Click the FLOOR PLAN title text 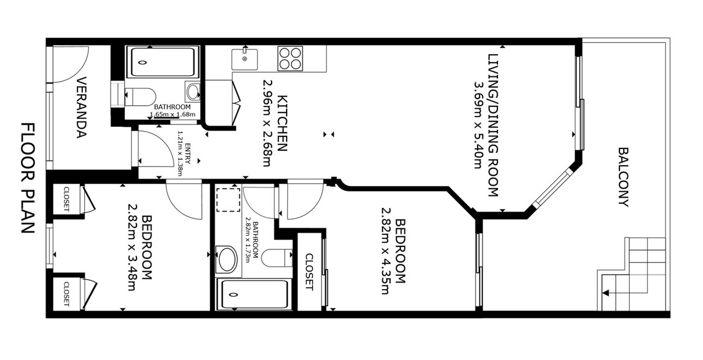(x=28, y=178)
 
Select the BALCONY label (x=623, y=177)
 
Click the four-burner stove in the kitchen (x=290, y=58)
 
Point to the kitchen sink (x=245, y=59)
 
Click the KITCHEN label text (x=282, y=123)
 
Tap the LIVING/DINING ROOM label (x=493, y=125)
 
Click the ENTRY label (x=188, y=154)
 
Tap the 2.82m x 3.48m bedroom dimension (x=132, y=247)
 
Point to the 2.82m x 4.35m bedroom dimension (x=386, y=250)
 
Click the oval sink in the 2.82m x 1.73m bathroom (x=228, y=259)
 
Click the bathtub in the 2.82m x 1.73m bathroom (x=252, y=294)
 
